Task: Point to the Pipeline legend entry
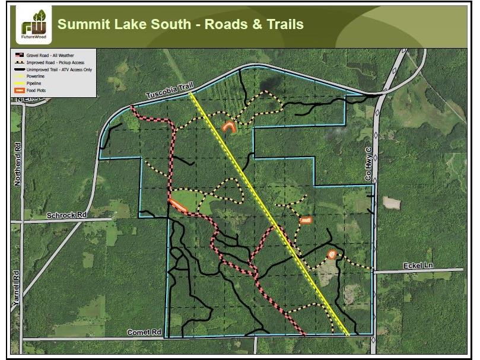pyautogui.click(x=35, y=83)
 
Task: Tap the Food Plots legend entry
pyautogui.click(x=37, y=90)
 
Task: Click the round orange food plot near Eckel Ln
pyautogui.click(x=332, y=254)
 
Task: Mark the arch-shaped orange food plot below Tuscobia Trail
pyautogui.click(x=228, y=126)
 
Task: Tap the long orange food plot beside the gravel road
pyautogui.click(x=178, y=205)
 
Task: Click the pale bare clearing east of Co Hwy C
pyautogui.click(x=392, y=202)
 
